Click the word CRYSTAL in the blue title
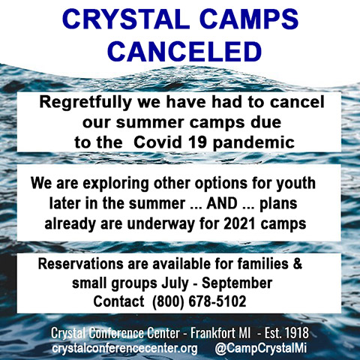click(127, 19)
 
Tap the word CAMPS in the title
click(249, 19)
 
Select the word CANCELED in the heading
click(184, 52)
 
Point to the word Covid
click(157, 142)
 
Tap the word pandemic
click(253, 143)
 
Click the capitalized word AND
click(222, 203)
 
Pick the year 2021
click(239, 223)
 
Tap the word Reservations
click(80, 264)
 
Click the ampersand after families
click(298, 264)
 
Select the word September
click(237, 284)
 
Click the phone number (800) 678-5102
click(199, 301)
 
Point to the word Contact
click(118, 301)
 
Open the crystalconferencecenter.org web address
click(124, 348)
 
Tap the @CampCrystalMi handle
click(261, 348)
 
